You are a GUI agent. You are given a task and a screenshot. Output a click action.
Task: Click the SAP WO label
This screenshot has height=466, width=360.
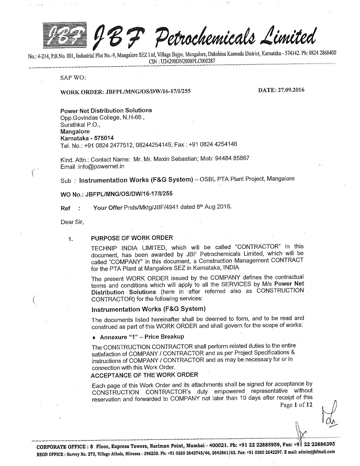[x=73, y=78]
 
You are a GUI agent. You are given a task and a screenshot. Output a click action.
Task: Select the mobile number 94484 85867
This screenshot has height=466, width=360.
[x=232, y=158]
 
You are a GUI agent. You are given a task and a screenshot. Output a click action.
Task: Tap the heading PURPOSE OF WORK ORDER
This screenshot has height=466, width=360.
[x=132, y=238]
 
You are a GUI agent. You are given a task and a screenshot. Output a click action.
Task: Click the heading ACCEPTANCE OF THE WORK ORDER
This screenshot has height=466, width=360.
[x=144, y=375]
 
